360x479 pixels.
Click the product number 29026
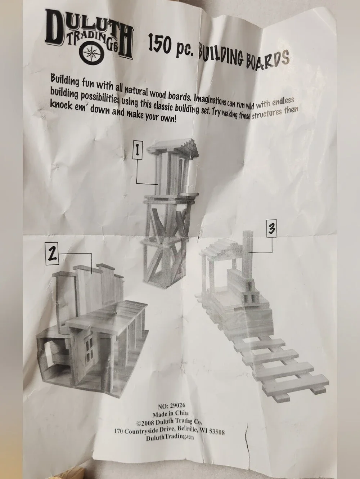(177, 405)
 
